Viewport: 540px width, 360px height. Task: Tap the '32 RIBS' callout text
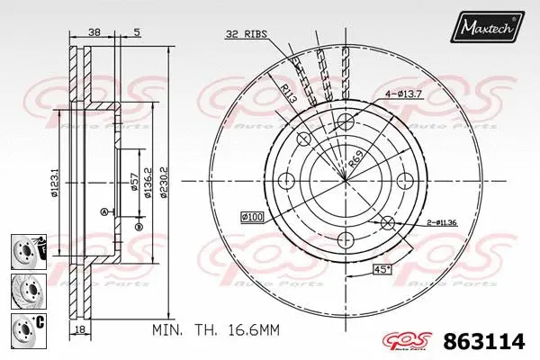[x=246, y=35]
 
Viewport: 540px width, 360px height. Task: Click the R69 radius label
[x=355, y=163]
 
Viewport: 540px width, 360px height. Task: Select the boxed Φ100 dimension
[x=254, y=216]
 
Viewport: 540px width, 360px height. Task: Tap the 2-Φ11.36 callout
[x=440, y=222]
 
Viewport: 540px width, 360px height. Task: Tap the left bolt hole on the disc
[x=288, y=181]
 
